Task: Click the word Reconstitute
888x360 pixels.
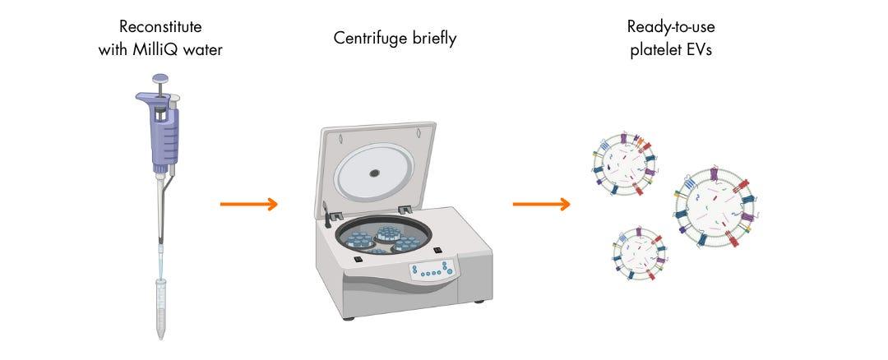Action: pyautogui.click(x=160, y=27)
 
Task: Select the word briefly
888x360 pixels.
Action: pyautogui.click(x=431, y=39)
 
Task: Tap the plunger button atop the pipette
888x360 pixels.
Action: pyautogui.click(x=160, y=81)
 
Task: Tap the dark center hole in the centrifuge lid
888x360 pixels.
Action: pyautogui.click(x=375, y=173)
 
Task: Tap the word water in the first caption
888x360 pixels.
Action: pyautogui.click(x=206, y=49)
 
